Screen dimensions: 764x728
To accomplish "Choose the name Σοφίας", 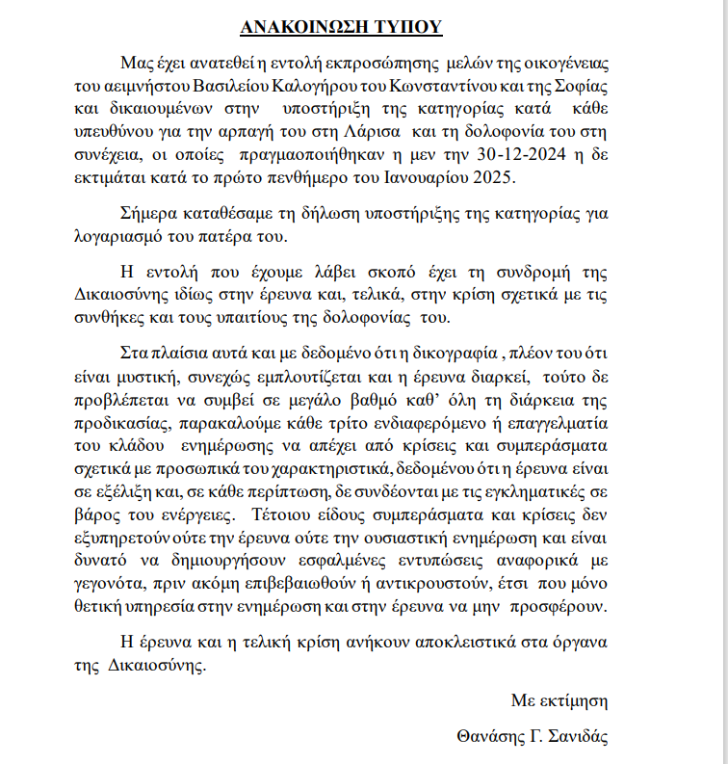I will tap(585, 85).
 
